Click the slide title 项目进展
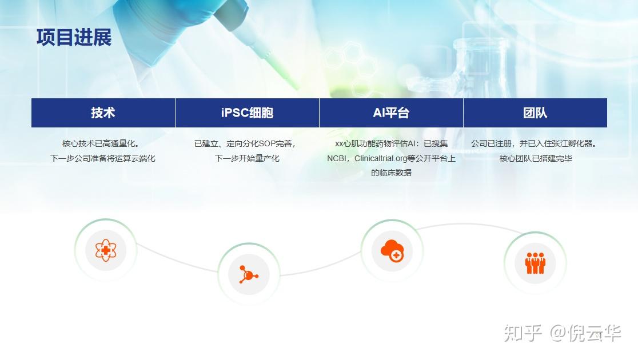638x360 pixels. tap(74, 37)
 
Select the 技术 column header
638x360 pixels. tap(103, 113)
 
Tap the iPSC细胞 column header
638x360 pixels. tap(247, 113)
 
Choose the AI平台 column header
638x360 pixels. tap(391, 113)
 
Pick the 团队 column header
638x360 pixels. tap(535, 113)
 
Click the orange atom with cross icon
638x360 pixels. tap(106, 250)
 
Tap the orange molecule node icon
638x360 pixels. tap(248, 274)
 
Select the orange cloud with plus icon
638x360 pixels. tap(392, 250)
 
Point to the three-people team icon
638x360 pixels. tap(535, 263)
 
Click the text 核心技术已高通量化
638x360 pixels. tap(99, 143)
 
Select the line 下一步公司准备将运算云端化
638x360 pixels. tap(103, 158)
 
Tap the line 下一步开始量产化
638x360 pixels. tap(247, 158)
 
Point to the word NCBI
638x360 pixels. tap(337, 158)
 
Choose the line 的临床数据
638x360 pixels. tap(391, 173)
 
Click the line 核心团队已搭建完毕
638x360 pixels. tap(536, 158)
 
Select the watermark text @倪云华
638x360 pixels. tap(585, 333)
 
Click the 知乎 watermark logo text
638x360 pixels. tap(523, 333)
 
